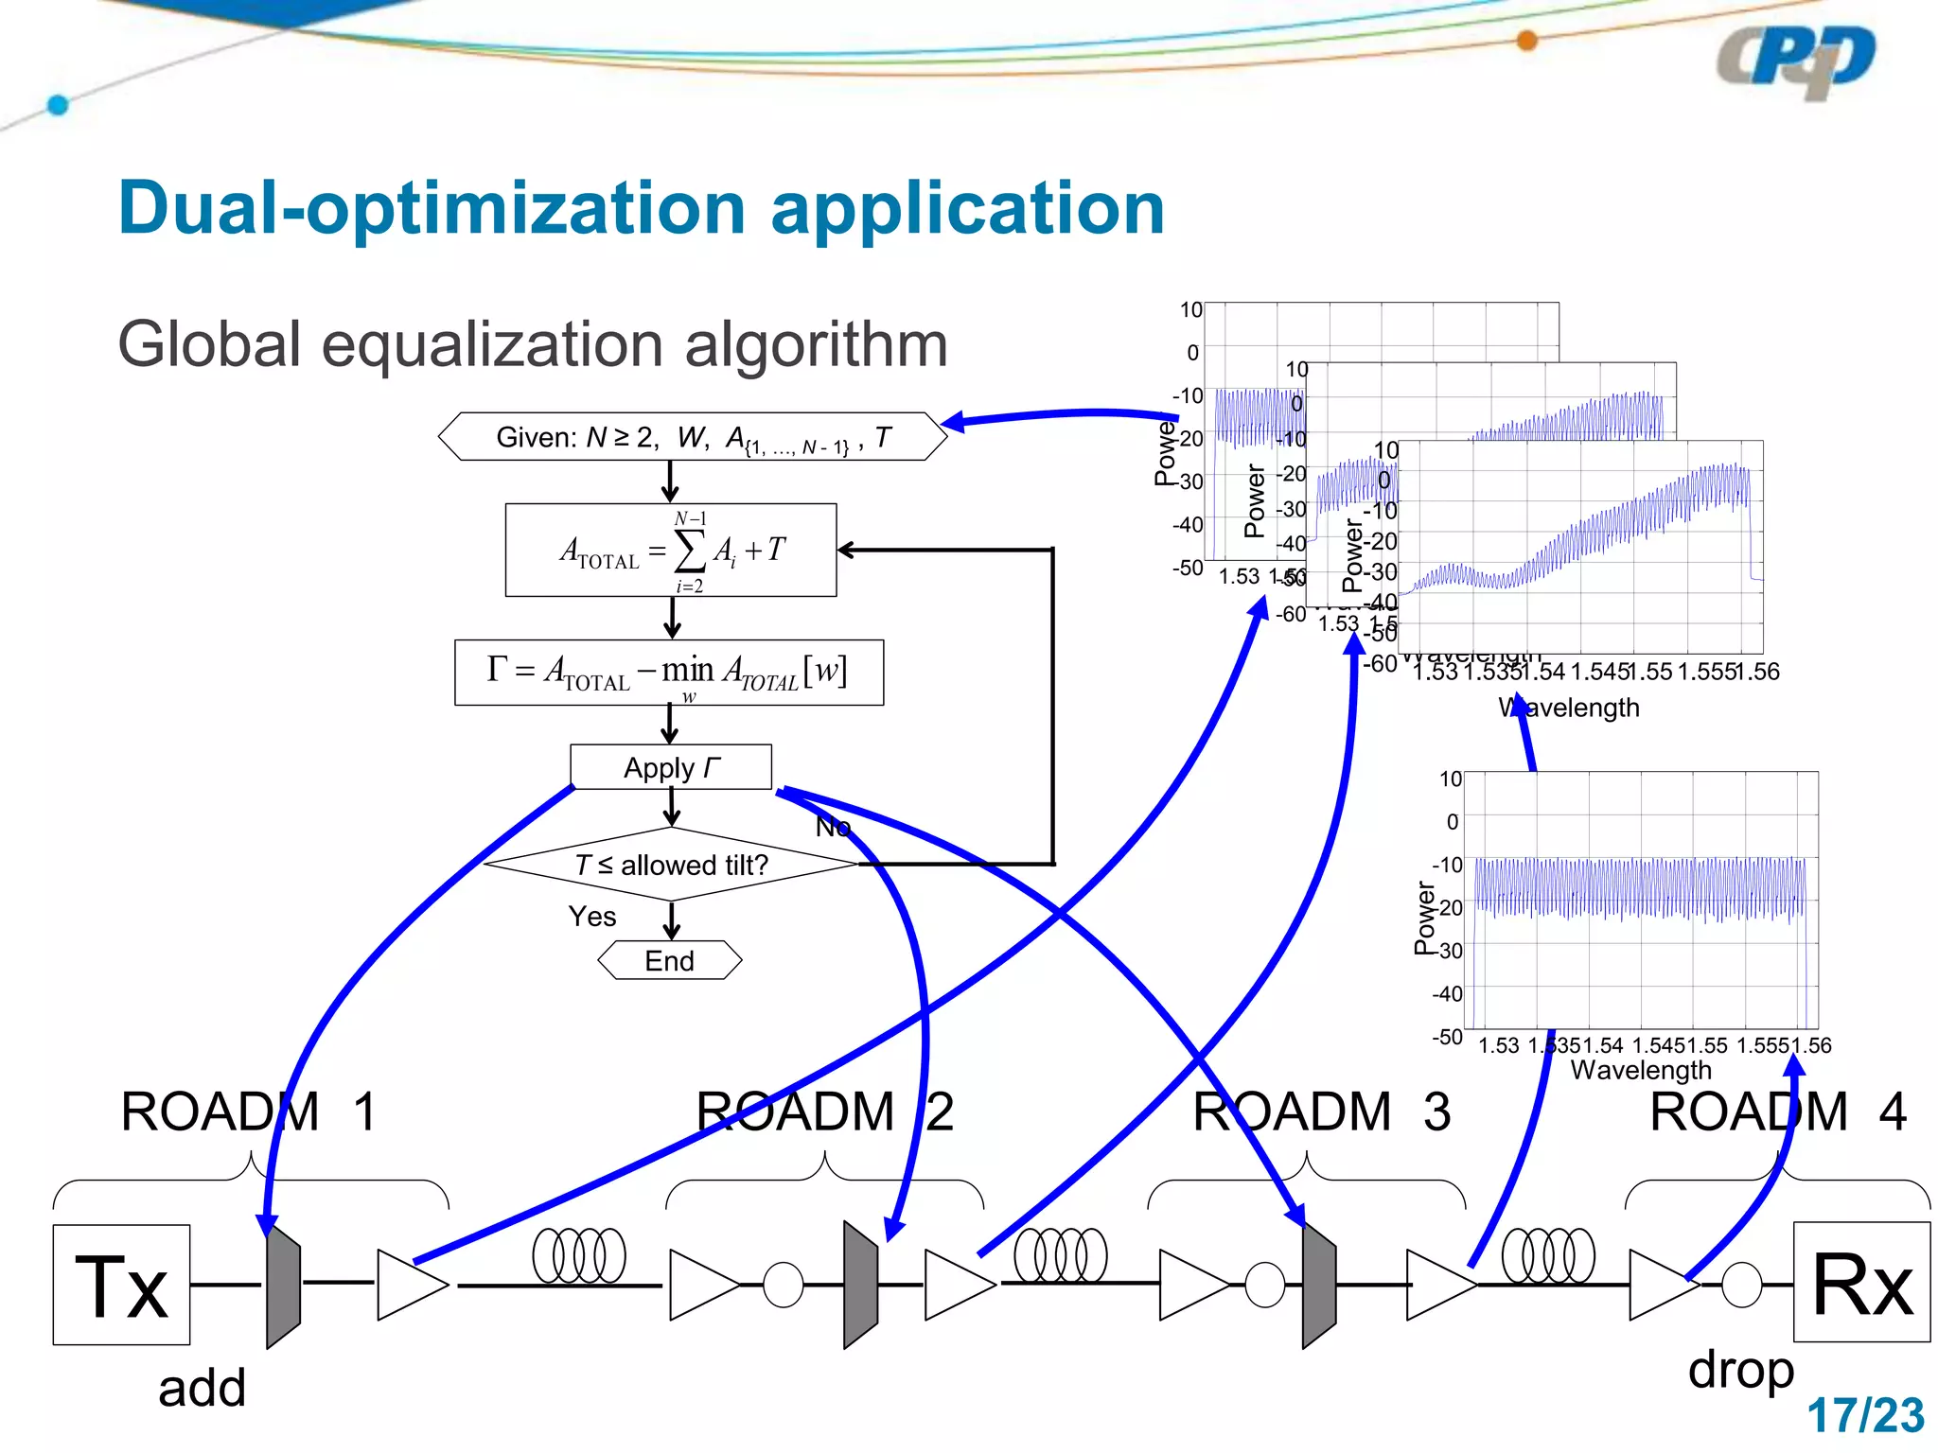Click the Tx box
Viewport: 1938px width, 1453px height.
(121, 1284)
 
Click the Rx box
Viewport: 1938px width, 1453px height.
(1861, 1282)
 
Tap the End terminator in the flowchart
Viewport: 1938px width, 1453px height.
(670, 960)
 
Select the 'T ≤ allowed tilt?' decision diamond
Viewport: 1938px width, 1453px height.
(671, 865)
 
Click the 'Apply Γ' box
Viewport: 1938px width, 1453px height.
(671, 767)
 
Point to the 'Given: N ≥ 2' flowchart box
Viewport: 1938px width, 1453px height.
(693, 437)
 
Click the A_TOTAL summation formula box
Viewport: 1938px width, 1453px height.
(671, 550)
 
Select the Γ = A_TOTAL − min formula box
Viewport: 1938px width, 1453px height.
(669, 673)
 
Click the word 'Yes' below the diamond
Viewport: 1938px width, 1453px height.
(592, 917)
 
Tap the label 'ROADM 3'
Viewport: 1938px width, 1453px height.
(1321, 1112)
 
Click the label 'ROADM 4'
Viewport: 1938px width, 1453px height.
(1777, 1112)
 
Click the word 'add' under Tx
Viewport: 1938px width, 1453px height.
(202, 1389)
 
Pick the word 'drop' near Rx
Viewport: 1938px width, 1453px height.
(1741, 1370)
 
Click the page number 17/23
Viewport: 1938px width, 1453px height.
(1865, 1416)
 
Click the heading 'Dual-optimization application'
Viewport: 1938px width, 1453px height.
(641, 208)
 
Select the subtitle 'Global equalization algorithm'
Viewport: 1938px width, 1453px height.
(532, 343)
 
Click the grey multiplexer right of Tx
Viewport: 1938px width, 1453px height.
(283, 1284)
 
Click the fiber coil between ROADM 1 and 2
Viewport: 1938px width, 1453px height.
(579, 1256)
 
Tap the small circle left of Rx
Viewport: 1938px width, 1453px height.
(1742, 1285)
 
